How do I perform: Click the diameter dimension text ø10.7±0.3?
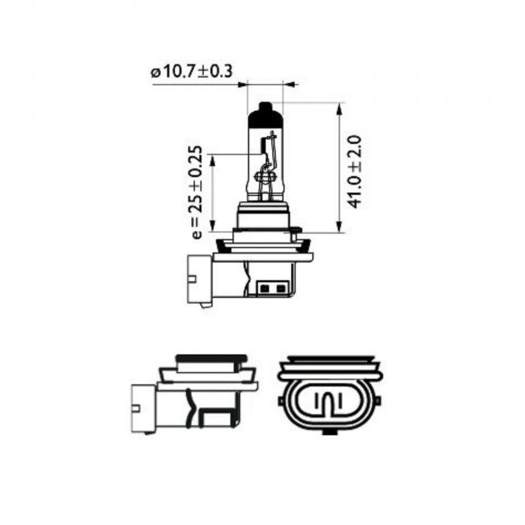[x=191, y=72]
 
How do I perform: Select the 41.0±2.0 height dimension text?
[x=355, y=170]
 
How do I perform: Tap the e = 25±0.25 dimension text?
[x=196, y=192]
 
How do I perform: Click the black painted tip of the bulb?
[x=266, y=114]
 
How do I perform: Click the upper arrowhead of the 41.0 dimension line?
[x=340, y=109]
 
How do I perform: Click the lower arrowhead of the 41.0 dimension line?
[x=340, y=226]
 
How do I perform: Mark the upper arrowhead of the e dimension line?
[x=212, y=159]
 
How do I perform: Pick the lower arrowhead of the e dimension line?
[x=212, y=226]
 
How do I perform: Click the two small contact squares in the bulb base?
[x=271, y=287]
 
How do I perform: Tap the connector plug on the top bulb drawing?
[x=199, y=277]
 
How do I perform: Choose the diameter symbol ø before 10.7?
[x=154, y=73]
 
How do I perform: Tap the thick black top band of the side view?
[x=210, y=358]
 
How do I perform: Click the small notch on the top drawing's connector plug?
[x=190, y=278]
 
